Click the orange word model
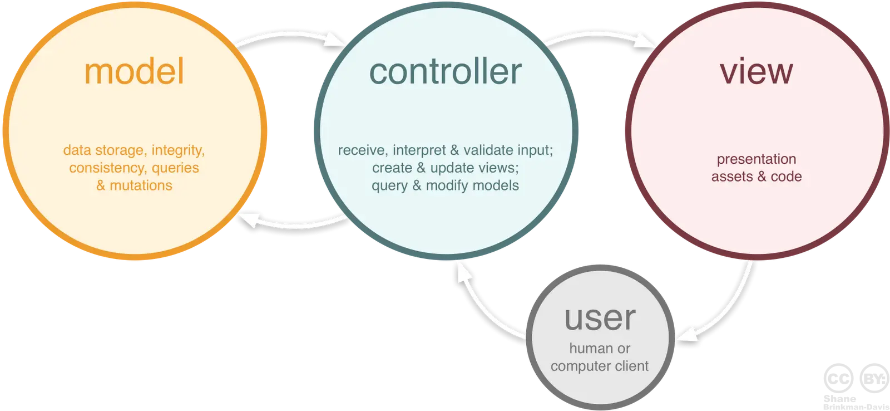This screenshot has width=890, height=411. pos(134,72)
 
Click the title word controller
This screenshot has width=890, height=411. pos(445,72)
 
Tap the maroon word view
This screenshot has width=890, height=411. pos(756,72)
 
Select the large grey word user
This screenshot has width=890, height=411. pos(600,319)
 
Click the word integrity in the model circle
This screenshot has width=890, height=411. pos(178,150)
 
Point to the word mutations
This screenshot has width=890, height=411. pos(141,185)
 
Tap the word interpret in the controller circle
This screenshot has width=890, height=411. pos(419,150)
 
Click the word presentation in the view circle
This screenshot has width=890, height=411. pos(756,159)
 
